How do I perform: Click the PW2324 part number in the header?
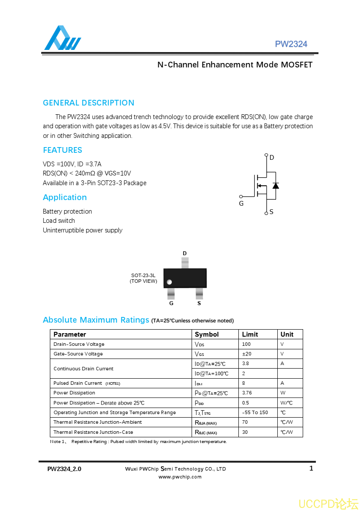[x=291, y=44]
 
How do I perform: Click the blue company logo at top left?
[x=62, y=39]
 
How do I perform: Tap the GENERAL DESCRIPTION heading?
[x=88, y=103]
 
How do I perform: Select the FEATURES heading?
[x=63, y=150]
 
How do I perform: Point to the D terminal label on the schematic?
[x=272, y=158]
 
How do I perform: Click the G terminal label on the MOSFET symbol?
[x=241, y=204]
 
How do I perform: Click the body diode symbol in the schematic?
[x=275, y=186]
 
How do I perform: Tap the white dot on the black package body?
[x=169, y=282]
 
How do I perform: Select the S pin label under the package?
[x=199, y=303]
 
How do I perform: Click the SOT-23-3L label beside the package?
[x=143, y=276]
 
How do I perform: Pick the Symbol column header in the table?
[x=206, y=334]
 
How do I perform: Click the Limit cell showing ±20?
[x=247, y=354]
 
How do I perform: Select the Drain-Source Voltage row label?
[x=79, y=344]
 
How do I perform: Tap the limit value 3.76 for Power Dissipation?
[x=247, y=393]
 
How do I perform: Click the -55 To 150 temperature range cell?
[x=255, y=412]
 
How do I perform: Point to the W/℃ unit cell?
[x=287, y=403]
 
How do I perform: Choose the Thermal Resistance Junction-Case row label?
[x=93, y=432]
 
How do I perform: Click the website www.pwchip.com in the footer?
[x=180, y=477]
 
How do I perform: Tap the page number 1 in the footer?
[x=311, y=468]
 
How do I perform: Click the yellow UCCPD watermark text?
[x=328, y=503]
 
